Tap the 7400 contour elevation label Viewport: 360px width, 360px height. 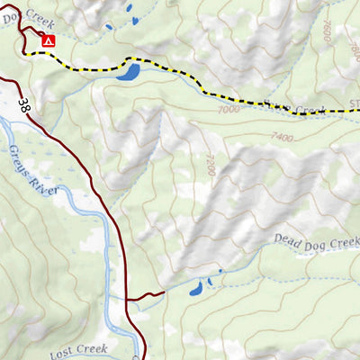click(x=282, y=137)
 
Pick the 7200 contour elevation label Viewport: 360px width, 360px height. click(x=209, y=164)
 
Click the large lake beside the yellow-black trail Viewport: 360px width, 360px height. click(x=128, y=71)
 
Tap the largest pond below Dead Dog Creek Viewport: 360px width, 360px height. click(x=193, y=289)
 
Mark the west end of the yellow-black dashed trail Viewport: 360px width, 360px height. click(x=28, y=54)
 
